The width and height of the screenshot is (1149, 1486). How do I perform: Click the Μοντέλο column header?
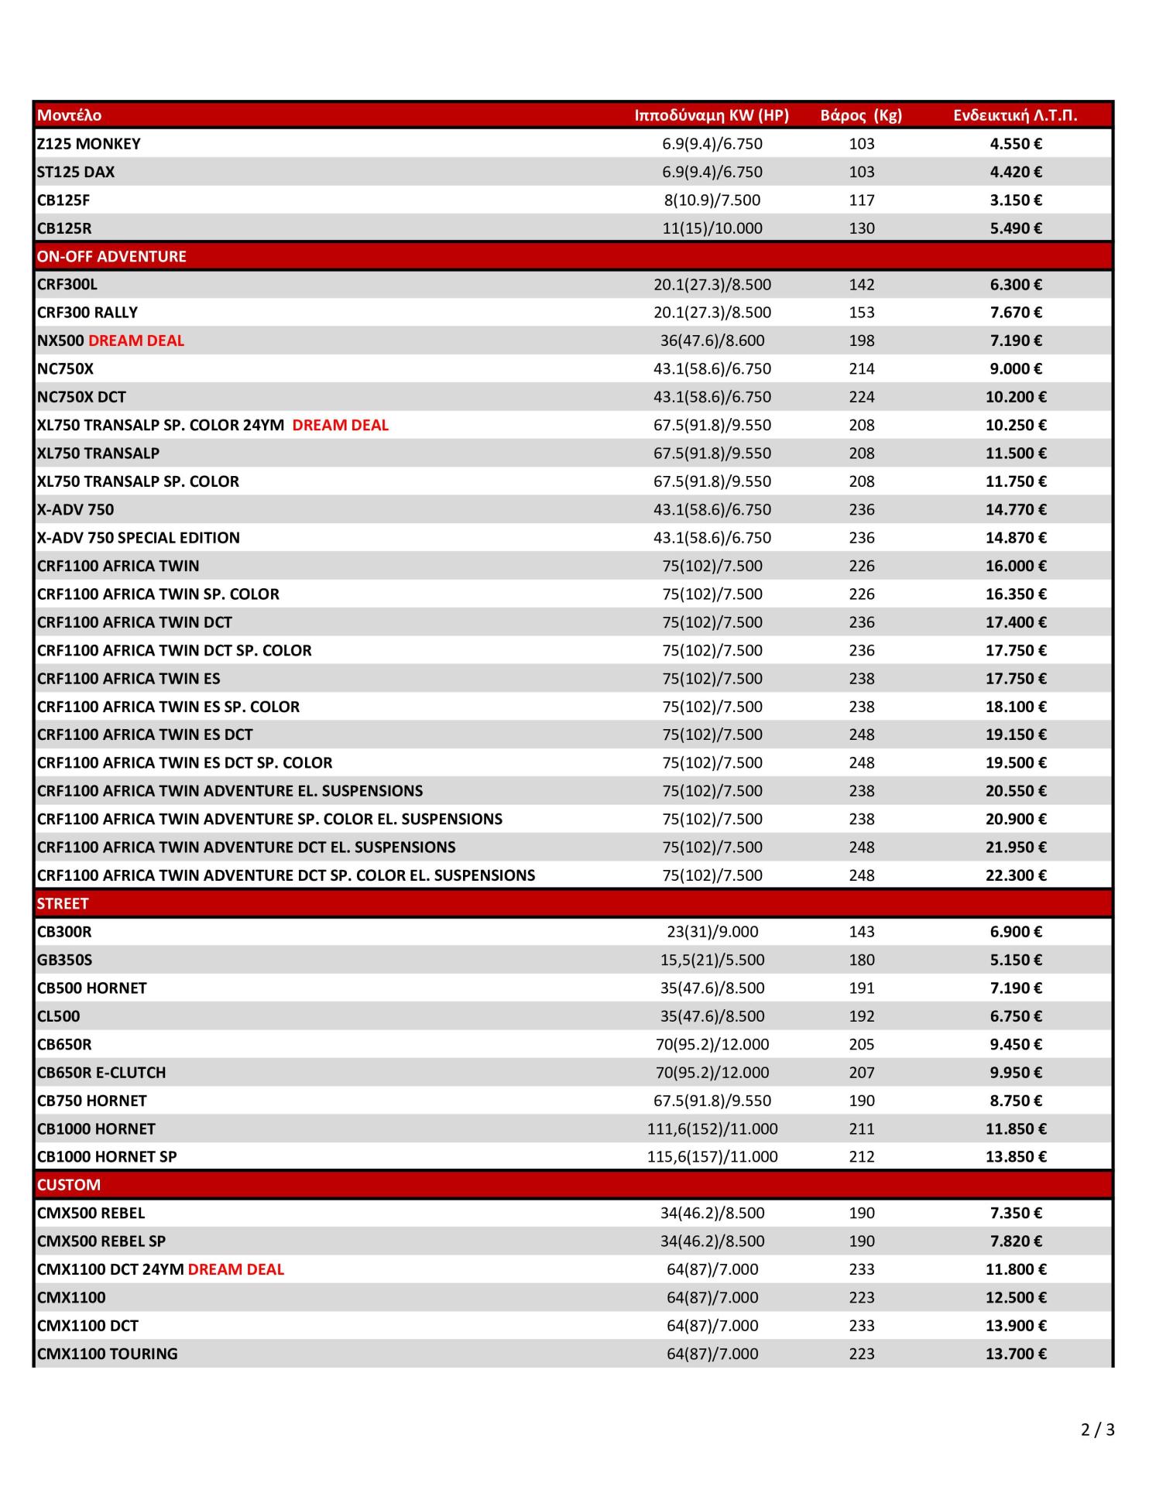(x=69, y=115)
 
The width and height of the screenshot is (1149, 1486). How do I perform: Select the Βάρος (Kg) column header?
(x=861, y=115)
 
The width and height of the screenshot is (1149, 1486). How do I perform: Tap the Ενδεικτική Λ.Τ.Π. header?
(x=1015, y=115)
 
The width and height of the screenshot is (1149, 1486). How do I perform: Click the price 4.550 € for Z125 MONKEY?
(x=1016, y=144)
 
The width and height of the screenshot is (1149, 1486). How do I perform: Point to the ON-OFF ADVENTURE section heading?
(x=111, y=256)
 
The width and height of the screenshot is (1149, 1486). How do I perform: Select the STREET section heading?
(x=63, y=903)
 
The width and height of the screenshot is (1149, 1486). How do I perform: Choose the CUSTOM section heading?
(x=69, y=1184)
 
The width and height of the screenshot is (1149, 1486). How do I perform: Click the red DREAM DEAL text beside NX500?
(x=136, y=341)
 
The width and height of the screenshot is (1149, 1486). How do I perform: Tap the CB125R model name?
(x=64, y=228)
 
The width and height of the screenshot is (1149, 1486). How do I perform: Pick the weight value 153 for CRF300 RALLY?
(x=862, y=313)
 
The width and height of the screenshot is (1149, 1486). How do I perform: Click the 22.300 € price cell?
(x=1016, y=875)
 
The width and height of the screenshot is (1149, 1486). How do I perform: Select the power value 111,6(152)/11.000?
(x=712, y=1128)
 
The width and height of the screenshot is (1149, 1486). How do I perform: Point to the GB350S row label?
(x=65, y=960)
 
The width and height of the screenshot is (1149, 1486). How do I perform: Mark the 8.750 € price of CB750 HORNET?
(x=1016, y=1101)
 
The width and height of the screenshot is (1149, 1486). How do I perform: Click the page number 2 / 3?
(x=1097, y=1430)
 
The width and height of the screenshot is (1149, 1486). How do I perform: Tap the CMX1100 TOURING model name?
(x=108, y=1354)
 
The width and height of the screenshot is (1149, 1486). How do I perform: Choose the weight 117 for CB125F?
(x=862, y=200)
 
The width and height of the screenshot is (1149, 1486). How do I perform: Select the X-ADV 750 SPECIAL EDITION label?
(x=139, y=538)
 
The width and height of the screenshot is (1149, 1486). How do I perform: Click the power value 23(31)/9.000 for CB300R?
(x=712, y=932)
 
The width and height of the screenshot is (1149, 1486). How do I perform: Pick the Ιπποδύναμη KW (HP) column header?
(x=712, y=115)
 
